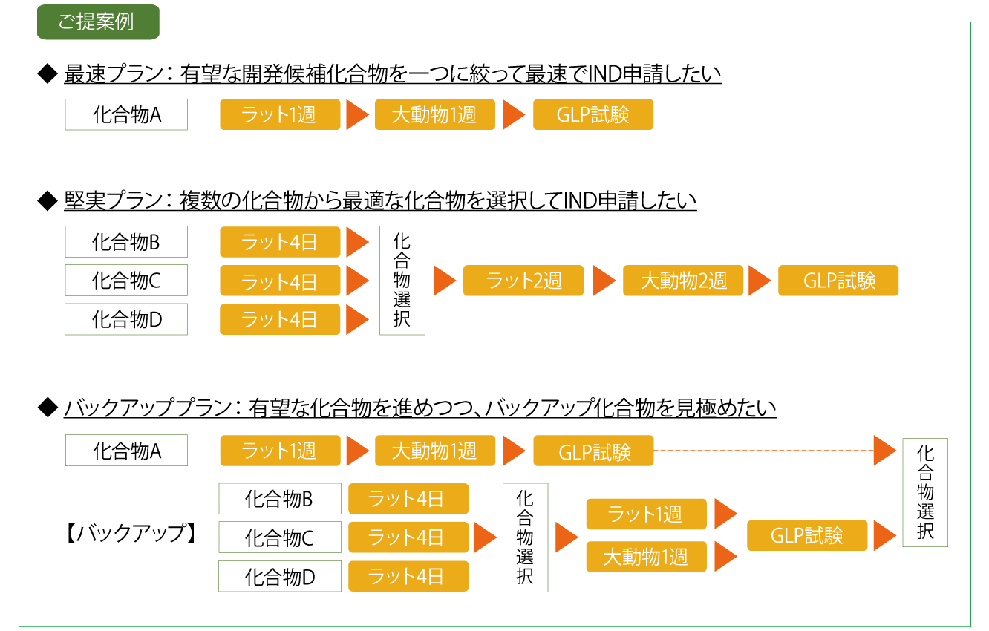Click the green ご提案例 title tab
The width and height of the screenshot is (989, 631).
(x=98, y=22)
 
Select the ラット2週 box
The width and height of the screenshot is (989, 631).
(x=523, y=281)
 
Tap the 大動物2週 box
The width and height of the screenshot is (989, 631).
(x=683, y=281)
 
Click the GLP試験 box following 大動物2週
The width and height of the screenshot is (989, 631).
(x=838, y=281)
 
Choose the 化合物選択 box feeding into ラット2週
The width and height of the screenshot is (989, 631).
(x=402, y=281)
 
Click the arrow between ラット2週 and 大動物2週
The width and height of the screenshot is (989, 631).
(x=604, y=281)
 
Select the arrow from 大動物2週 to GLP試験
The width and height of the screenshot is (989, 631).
(x=760, y=281)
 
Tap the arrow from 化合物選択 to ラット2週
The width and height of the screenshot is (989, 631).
(x=444, y=281)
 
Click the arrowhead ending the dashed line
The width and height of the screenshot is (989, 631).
(x=884, y=451)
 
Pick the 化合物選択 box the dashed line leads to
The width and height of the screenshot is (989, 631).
(x=925, y=492)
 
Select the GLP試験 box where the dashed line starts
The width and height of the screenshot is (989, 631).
(x=593, y=451)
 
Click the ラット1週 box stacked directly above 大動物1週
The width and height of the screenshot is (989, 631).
(x=646, y=514)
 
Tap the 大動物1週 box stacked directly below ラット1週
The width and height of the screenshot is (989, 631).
(x=646, y=557)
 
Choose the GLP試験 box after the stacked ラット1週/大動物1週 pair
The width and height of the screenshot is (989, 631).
(x=807, y=535)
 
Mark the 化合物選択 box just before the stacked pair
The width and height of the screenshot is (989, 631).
(x=525, y=537)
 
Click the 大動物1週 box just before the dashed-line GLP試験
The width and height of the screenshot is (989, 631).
(x=435, y=451)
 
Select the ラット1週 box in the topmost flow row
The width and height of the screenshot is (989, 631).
(x=280, y=115)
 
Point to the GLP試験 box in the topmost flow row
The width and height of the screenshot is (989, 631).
(x=593, y=115)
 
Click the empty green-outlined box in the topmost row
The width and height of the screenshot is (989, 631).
(x=126, y=115)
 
